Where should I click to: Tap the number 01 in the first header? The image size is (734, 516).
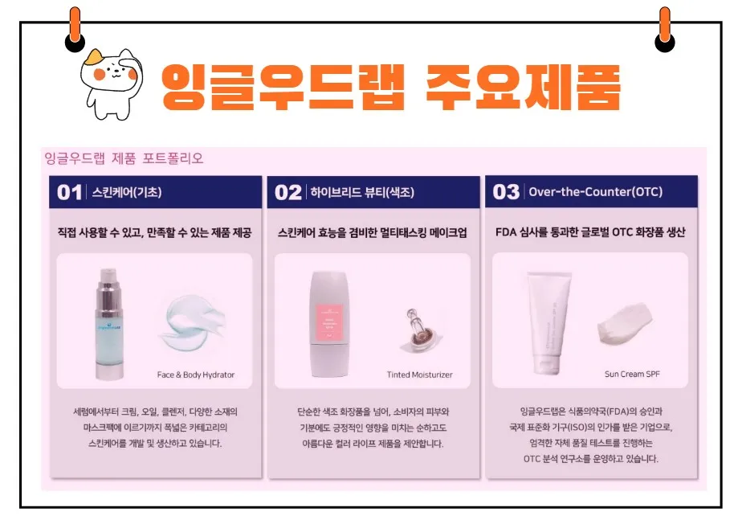click(x=70, y=192)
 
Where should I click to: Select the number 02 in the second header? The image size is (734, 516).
click(x=288, y=192)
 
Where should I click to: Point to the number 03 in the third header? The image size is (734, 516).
click(x=506, y=192)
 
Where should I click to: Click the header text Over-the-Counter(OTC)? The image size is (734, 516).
click(x=595, y=192)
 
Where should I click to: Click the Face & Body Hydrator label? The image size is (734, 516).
click(x=196, y=375)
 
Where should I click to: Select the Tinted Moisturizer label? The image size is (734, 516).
click(x=419, y=375)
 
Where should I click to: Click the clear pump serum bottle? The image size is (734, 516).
click(x=108, y=323)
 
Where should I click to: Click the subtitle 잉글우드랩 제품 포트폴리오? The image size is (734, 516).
click(x=124, y=158)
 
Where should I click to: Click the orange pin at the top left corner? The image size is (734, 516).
click(x=75, y=29)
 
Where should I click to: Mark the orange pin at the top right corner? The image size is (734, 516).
click(x=664, y=29)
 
